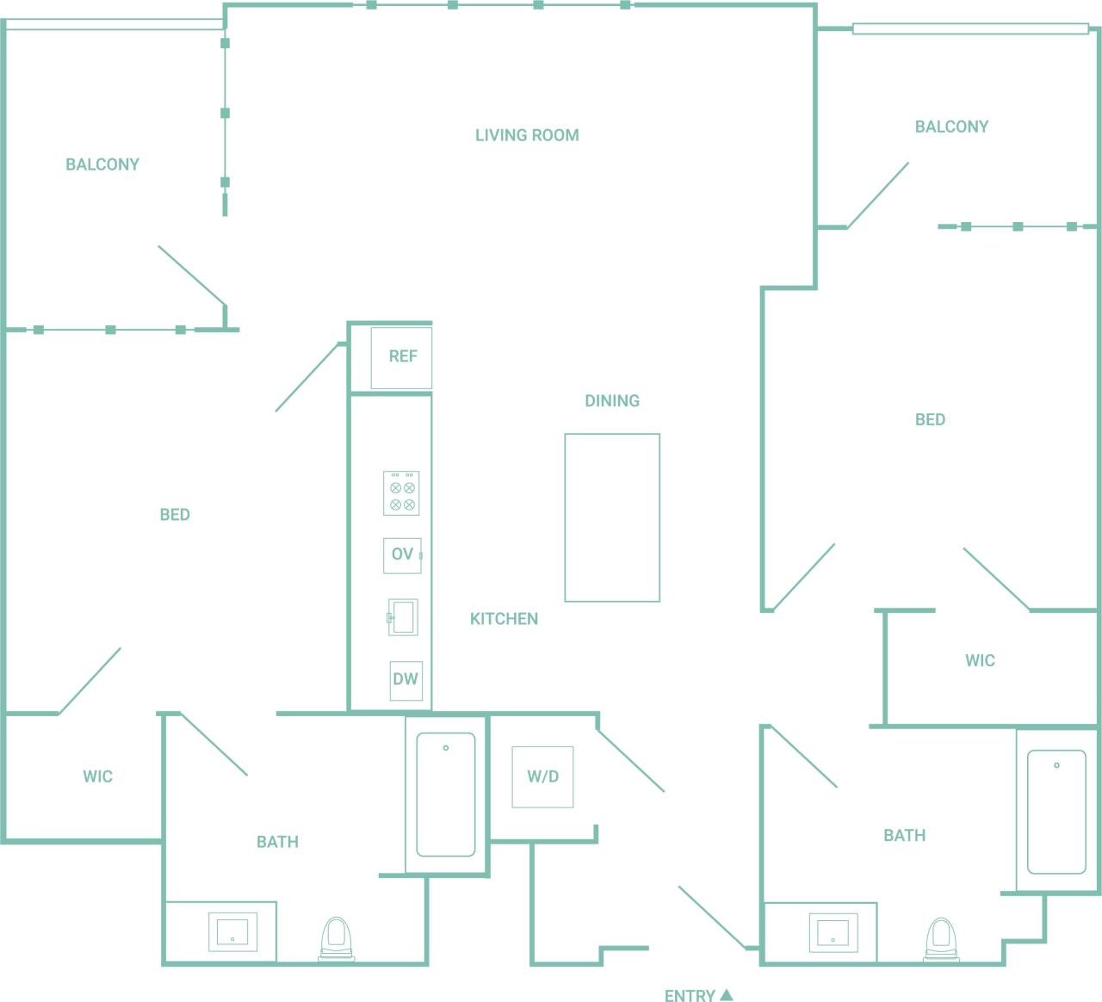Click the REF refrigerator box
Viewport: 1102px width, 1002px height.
coord(401,356)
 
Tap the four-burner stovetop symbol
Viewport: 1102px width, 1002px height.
coord(401,493)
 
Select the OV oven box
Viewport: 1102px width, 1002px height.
coord(402,555)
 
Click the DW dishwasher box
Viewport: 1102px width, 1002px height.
coord(406,679)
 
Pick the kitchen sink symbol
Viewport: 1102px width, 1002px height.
coord(402,617)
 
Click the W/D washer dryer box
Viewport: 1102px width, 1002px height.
coord(542,776)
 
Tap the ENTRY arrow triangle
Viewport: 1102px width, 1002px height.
coord(727,994)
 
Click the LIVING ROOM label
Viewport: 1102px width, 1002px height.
coord(527,135)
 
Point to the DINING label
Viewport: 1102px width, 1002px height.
coord(612,401)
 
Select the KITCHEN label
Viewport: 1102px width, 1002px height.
coord(504,619)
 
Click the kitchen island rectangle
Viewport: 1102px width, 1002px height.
coord(612,517)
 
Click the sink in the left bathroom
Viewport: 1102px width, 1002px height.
coord(232,931)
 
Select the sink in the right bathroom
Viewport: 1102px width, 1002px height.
coord(833,931)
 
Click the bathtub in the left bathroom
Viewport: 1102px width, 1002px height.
coord(446,795)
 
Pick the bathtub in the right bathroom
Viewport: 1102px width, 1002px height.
coord(1056,812)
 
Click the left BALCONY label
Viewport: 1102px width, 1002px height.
coord(102,164)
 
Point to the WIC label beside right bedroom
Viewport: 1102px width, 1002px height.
coord(980,661)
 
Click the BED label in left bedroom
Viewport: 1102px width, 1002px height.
coord(175,515)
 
